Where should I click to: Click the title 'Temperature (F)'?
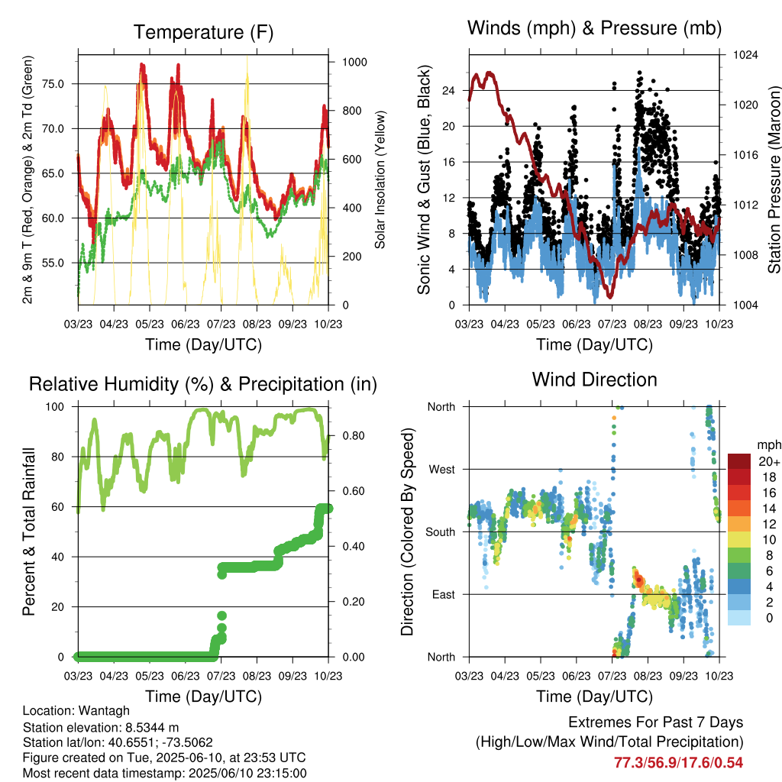203,32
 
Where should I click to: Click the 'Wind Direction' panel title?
594,380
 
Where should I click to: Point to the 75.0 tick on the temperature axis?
53,84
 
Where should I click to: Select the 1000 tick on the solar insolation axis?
354,62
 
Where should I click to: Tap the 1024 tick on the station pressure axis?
745,55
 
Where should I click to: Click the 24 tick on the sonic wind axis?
448,91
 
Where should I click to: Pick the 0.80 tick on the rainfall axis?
354,436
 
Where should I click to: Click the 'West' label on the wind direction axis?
442,470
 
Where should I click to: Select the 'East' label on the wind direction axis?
444,594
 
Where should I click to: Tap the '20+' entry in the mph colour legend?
769,461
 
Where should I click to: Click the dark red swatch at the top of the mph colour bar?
739,461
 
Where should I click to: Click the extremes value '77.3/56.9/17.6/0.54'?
678,763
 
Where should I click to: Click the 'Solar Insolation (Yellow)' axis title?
380,179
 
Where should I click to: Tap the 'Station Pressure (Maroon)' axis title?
774,179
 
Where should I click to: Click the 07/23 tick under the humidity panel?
221,676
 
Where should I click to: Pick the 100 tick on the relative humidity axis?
55,407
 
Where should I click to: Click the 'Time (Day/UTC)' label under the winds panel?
594,345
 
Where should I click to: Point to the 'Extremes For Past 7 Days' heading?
656,722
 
